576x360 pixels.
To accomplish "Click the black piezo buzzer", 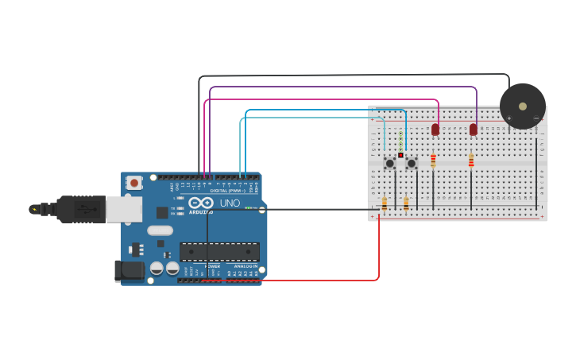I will [522, 106].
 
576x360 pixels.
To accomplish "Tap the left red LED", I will [435, 129].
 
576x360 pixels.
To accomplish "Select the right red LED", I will [474, 129].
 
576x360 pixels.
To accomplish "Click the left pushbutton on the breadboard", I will [389, 163].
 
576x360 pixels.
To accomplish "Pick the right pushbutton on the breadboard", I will [411, 163].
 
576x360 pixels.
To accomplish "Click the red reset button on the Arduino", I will [134, 183].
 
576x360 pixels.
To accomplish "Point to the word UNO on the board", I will [230, 203].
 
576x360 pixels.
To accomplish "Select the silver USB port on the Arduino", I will [124, 209].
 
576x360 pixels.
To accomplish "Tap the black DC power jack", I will [130, 270].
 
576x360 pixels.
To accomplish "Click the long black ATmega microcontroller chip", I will [219, 252].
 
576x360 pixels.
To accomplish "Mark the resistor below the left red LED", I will [433, 161].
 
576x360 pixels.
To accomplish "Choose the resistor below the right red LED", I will [471, 161].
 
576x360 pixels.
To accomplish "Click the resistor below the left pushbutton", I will [385, 204].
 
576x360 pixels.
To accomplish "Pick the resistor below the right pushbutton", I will [406, 204].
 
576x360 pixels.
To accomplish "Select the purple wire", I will [342, 87].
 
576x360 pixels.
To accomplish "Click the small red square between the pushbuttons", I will [400, 155].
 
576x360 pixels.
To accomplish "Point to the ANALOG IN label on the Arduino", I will [245, 265].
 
